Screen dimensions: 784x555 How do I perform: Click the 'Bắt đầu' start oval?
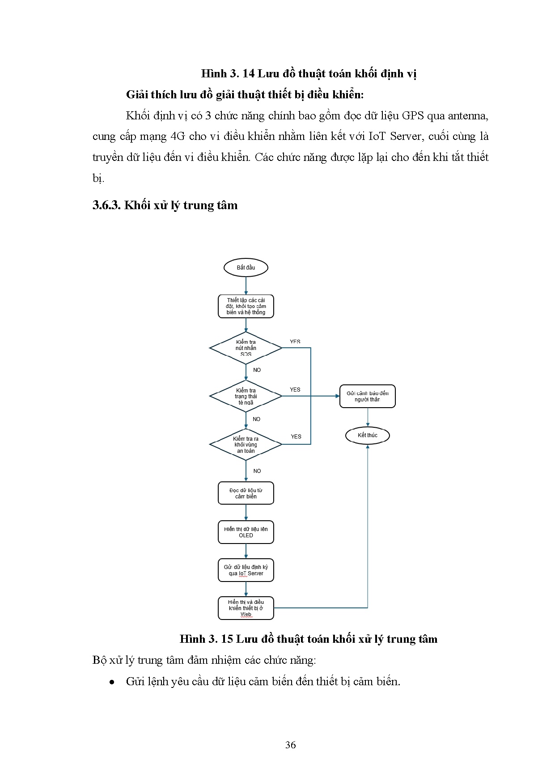[246, 268]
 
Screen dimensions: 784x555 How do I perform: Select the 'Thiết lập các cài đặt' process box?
[246, 306]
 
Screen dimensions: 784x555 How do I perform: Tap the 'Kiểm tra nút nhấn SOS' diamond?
[246, 348]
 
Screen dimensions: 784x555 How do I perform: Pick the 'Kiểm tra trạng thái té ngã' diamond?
[246, 396]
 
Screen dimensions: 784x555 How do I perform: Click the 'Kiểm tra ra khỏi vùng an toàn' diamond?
[246, 444]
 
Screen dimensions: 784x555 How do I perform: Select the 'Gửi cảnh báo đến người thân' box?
[367, 396]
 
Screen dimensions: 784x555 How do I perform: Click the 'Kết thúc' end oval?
[367, 435]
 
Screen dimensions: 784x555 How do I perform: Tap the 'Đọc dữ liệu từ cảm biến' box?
[246, 493]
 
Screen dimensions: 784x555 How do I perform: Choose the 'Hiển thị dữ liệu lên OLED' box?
[246, 532]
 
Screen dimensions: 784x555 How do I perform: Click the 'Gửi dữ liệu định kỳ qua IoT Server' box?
[246, 570]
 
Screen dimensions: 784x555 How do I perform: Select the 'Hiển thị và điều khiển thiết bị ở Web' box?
[246, 608]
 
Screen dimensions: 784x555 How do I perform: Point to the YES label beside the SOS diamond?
[295, 342]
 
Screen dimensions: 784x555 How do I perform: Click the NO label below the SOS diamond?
[257, 370]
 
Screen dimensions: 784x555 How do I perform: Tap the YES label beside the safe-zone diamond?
[296, 437]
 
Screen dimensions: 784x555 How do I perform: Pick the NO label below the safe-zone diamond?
[257, 471]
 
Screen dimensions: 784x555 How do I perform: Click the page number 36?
[290, 745]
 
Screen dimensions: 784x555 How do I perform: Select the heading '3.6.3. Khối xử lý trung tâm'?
[165, 205]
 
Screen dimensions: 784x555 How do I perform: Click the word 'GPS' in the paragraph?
[412, 116]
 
